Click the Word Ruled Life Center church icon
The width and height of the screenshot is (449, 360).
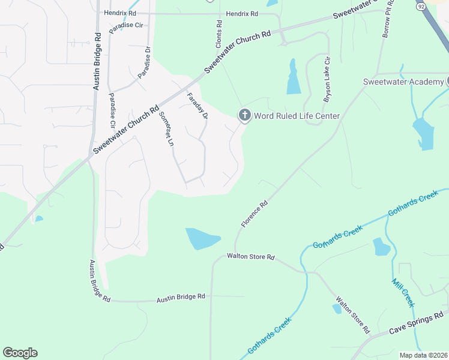(x=244, y=115)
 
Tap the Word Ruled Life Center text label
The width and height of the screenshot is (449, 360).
(x=297, y=116)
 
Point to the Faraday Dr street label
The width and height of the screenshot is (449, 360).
(x=197, y=106)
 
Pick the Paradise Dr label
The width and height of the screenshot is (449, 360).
(x=145, y=63)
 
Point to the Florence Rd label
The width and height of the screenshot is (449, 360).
(x=255, y=214)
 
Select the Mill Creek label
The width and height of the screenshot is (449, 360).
(x=403, y=293)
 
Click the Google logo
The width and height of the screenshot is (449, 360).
(x=20, y=353)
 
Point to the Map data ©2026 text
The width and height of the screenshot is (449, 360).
(x=424, y=355)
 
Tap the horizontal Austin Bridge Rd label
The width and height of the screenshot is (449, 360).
(x=181, y=297)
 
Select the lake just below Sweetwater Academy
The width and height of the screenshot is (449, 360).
(x=424, y=133)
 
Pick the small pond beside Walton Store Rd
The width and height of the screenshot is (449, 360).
(x=337, y=308)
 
